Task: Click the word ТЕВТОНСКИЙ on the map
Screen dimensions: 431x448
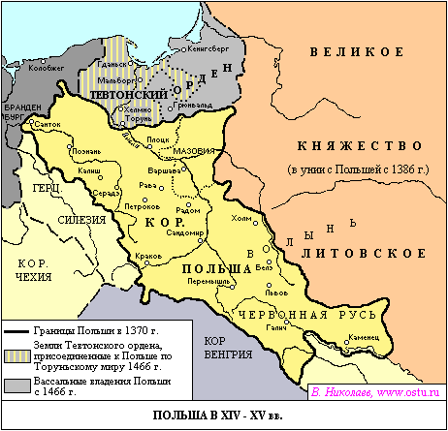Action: pyautogui.click(x=131, y=95)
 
